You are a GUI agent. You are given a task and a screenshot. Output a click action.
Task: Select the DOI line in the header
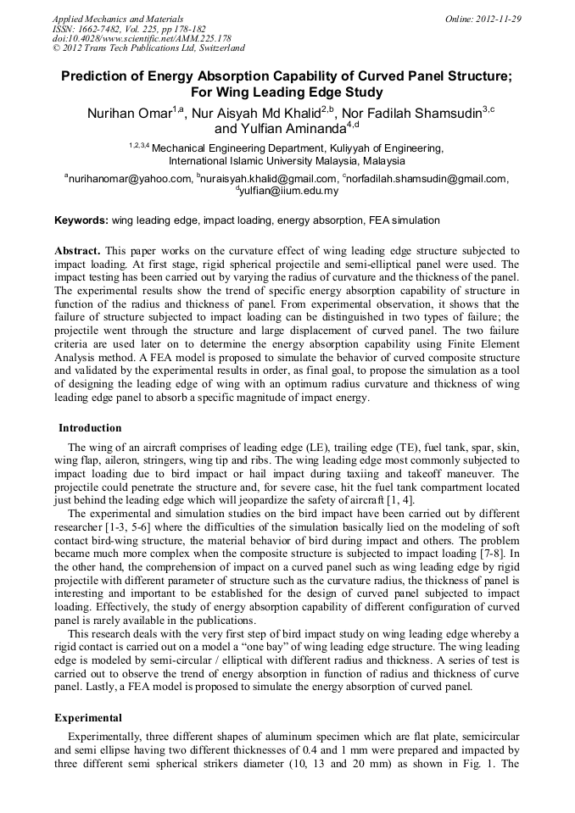tap(142, 39)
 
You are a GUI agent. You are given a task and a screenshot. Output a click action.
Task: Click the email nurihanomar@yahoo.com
tap(131, 179)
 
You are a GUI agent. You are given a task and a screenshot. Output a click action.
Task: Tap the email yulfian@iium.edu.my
tap(290, 192)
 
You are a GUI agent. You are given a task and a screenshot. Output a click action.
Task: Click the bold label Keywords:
tap(81, 220)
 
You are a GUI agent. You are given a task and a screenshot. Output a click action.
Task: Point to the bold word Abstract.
tap(78, 251)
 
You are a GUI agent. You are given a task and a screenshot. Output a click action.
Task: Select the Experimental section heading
tap(88, 717)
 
